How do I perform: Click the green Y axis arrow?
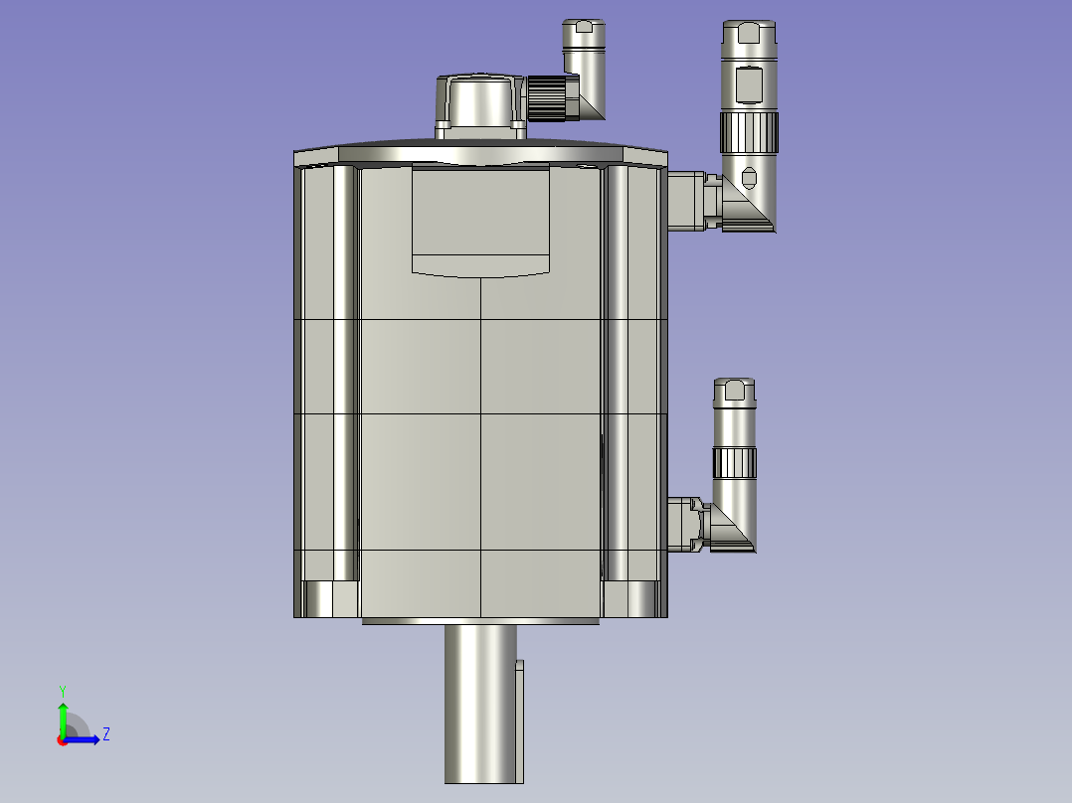(63, 715)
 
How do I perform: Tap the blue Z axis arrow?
(84, 738)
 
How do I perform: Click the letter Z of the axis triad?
(105, 734)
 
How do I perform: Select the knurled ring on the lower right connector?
(735, 461)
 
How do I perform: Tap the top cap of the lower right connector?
(735, 390)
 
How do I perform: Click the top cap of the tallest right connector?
(749, 34)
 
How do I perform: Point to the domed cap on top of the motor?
(480, 99)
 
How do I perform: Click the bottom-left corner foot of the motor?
(329, 599)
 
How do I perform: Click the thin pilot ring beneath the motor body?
(480, 621)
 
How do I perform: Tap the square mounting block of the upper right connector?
(684, 200)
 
